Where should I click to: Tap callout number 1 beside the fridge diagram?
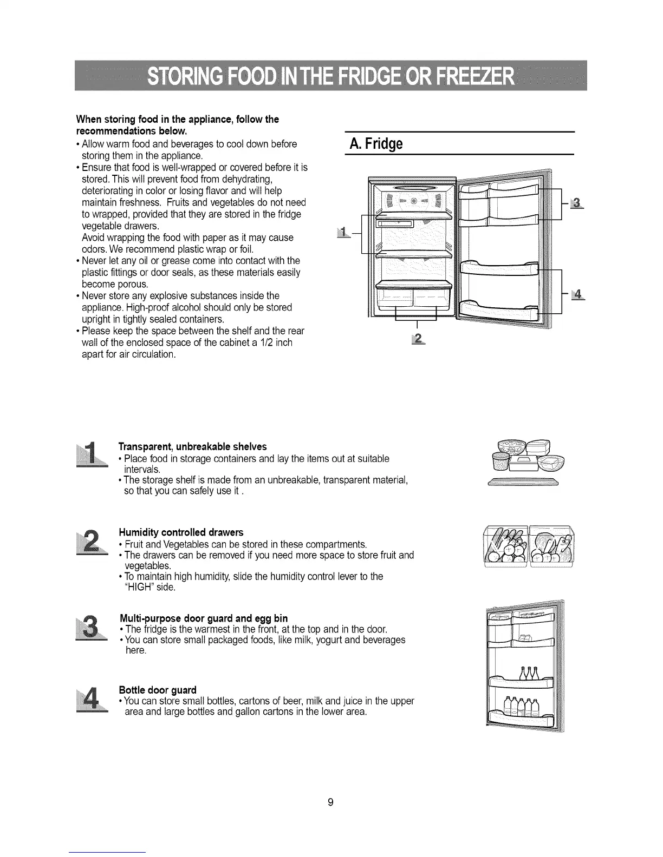[x=342, y=233]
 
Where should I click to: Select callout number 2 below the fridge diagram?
[x=418, y=338]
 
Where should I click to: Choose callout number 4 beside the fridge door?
[x=578, y=294]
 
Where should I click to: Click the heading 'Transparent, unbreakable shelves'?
[x=192, y=447]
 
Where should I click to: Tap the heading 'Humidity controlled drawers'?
[x=181, y=532]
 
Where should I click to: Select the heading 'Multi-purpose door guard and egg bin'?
[x=203, y=618]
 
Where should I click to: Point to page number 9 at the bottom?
[x=330, y=802]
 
